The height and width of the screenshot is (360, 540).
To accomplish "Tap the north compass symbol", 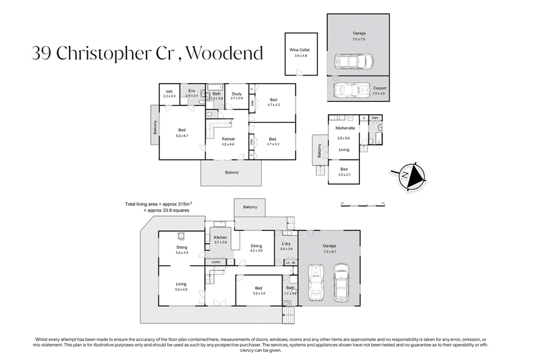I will (409, 175).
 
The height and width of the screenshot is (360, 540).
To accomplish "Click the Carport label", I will (379, 87).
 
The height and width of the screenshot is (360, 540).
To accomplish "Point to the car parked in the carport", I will (348, 89).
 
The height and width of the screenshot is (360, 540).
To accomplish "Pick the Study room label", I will (236, 94).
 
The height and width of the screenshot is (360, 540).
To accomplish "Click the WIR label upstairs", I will (169, 93).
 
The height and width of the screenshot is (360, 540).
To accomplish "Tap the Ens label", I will (192, 91).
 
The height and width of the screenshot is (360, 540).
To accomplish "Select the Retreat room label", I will (227, 139).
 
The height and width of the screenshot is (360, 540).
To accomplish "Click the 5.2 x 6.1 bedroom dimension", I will (182, 135).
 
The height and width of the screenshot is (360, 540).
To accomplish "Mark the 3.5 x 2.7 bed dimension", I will (344, 174).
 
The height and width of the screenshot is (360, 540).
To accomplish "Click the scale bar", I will (362, 202).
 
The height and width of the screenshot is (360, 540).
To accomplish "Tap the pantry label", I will (216, 261).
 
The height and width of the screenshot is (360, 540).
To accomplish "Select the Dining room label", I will (256, 246).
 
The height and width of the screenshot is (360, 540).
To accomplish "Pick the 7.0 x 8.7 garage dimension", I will (329, 250).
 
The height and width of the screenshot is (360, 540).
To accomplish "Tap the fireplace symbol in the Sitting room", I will (181, 236).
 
